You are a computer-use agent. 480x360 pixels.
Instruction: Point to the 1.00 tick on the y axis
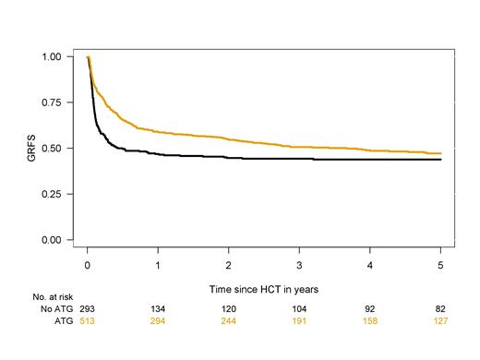tap(57, 56)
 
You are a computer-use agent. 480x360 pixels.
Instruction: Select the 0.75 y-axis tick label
tap(57, 102)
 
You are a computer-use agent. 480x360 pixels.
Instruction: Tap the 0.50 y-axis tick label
tap(57, 148)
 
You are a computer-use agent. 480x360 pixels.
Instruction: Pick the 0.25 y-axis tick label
tap(57, 194)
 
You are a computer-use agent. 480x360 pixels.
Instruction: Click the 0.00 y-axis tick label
tap(57, 240)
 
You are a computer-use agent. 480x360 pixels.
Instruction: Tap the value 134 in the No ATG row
tap(158, 311)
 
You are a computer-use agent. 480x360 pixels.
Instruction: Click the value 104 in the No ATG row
tap(299, 311)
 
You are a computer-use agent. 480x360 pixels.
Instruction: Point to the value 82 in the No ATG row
tap(440, 311)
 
